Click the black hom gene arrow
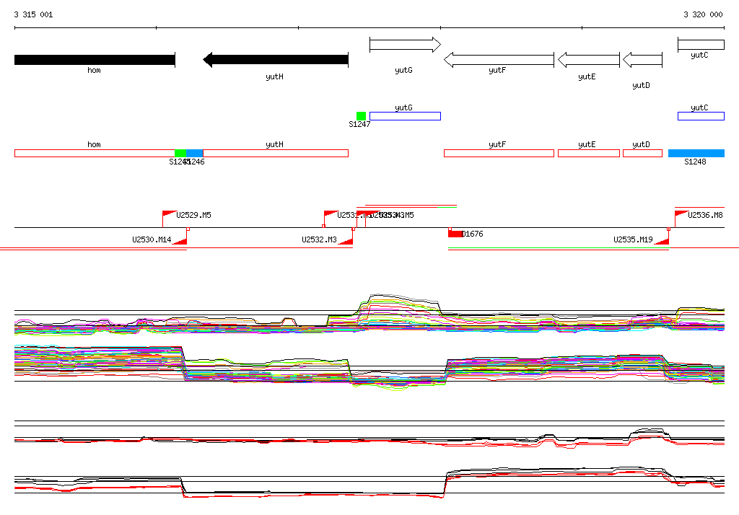coord(95,60)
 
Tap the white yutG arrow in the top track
coord(404,45)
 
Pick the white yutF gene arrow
coord(499,60)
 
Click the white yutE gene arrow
coord(588,60)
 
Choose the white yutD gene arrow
coord(642,60)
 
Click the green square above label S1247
coord(361,116)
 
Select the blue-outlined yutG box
coord(405,116)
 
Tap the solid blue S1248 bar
coord(696,153)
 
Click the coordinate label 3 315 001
coord(33,14)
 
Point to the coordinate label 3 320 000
coord(703,14)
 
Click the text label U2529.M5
coord(193,215)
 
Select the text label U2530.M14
coord(152,239)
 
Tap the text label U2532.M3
coord(319,239)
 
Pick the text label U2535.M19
coord(633,239)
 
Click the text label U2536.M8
coord(705,215)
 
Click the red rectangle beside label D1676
coord(455,234)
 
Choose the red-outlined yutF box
coord(499,153)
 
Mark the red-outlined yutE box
coord(588,153)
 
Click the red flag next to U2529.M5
coord(168,214)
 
